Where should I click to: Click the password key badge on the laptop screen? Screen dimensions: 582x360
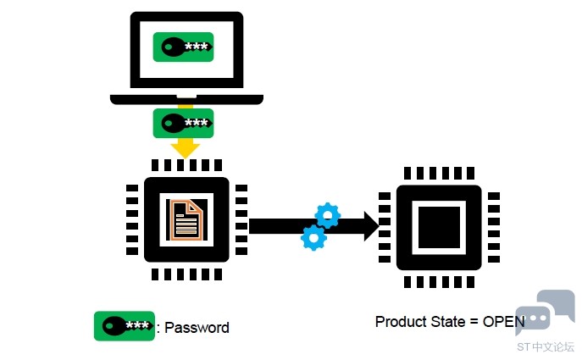tap(183, 47)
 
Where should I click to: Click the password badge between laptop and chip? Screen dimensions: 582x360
tap(183, 123)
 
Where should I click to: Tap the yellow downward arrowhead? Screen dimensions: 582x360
tap(186, 149)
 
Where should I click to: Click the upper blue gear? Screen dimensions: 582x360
tap(327, 215)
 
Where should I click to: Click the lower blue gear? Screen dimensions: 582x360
tap(314, 238)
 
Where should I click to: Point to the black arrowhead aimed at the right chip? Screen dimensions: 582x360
tap(372, 226)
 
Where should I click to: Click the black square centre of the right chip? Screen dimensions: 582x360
tap(439, 228)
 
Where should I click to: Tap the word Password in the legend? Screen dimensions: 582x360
tap(197, 328)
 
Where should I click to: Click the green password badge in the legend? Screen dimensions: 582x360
tap(125, 326)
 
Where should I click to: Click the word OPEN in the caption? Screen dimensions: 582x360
tap(504, 321)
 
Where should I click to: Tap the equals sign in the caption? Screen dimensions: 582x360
tap(474, 322)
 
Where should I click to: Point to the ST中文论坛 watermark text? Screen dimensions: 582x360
tap(546, 346)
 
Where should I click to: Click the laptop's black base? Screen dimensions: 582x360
tap(186, 99)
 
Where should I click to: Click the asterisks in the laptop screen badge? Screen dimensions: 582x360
tap(196, 47)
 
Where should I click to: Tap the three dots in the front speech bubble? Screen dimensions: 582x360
tap(535, 318)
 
